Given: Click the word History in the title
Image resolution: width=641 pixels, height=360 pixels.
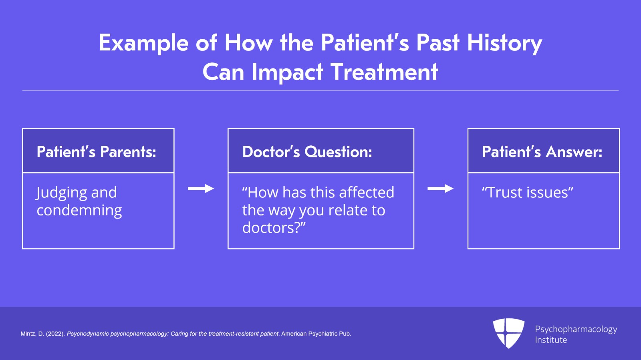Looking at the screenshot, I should [504, 43].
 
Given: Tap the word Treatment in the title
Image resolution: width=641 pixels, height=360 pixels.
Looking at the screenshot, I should [384, 72].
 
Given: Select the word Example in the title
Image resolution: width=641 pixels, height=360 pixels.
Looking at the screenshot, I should [143, 43].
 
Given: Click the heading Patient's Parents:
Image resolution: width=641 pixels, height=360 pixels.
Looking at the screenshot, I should [96, 152].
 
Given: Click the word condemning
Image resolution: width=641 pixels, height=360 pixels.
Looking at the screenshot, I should [79, 210].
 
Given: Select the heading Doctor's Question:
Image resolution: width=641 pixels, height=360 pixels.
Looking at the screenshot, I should [307, 152].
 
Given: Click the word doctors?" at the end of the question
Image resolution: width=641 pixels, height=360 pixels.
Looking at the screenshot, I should [274, 228].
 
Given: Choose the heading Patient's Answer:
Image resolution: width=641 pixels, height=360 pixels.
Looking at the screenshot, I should [542, 152].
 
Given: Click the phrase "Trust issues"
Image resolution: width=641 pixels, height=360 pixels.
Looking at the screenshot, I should [527, 193].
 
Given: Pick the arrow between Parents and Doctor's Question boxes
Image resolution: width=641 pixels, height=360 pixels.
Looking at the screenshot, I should [201, 189].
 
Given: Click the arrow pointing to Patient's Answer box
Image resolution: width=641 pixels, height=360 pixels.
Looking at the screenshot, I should [440, 189].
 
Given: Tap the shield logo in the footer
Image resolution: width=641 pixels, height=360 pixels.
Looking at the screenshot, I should [508, 333].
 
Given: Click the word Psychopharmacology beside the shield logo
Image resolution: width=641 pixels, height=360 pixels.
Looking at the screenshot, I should [576, 329].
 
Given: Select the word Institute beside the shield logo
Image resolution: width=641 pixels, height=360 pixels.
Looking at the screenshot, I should [551, 340].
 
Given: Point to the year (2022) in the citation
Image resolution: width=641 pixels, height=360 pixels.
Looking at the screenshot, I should [55, 334].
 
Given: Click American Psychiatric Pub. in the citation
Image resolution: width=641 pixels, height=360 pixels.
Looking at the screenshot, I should [316, 334].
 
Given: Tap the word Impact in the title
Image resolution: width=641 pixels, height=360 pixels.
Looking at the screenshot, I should [287, 72].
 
